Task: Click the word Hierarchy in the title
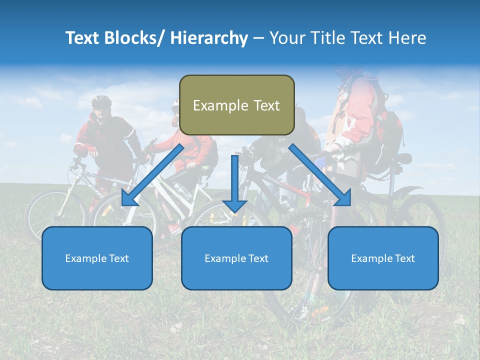209,38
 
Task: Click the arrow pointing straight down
235,185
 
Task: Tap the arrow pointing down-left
152,175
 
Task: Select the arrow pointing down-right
320,175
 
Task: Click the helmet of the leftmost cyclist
101,101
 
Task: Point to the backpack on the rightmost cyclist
387,135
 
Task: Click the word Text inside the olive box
262,105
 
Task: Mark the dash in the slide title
258,38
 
